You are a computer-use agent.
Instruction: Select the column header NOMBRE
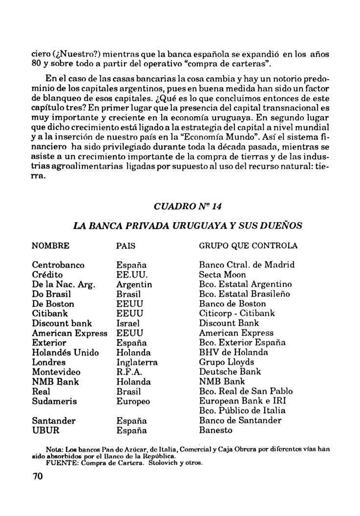tap(50, 245)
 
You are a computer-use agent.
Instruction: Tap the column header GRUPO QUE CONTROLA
tap(248, 245)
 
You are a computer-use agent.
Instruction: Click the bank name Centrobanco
tap(59, 265)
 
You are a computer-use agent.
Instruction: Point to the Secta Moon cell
tap(222, 275)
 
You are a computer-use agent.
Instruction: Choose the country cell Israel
tap(128, 323)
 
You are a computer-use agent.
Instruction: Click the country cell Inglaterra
tap(137, 362)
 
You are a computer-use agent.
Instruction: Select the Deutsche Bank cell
tap(230, 372)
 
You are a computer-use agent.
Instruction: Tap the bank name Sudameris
tap(55, 401)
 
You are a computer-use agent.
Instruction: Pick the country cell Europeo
tap(133, 401)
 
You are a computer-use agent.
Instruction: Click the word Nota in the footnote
tap(53, 449)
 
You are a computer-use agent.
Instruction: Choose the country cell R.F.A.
tap(129, 372)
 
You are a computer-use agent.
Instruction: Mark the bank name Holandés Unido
tap(65, 352)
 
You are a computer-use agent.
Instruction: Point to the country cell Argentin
tap(134, 284)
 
